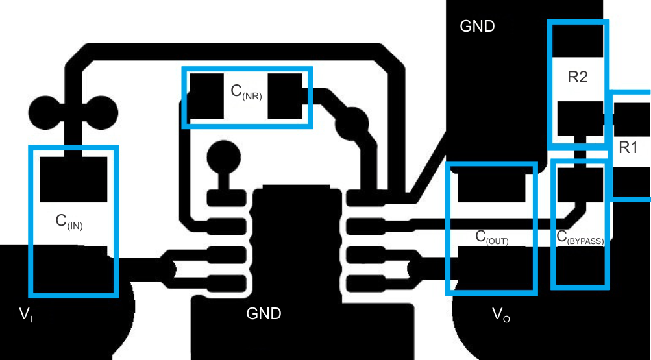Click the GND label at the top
[477, 27]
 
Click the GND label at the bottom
[264, 314]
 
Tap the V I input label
[25, 315]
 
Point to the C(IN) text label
[69, 222]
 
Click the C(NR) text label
[246, 91]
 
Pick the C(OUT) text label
[491, 237]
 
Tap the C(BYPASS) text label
[580, 237]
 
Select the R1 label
[628, 147]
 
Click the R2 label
[577, 77]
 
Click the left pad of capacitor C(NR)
[206, 96]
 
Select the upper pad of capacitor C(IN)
[73, 179]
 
